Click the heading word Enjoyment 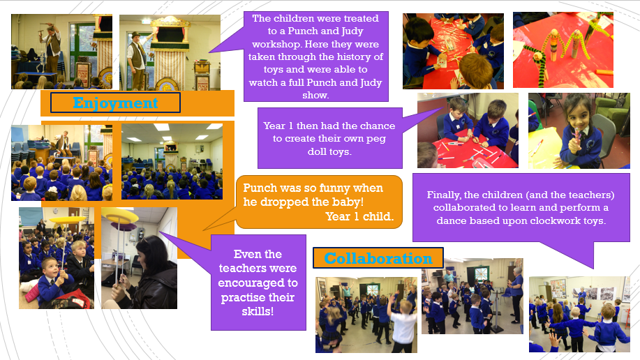pyautogui.click(x=116, y=103)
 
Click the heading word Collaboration pyautogui.click(x=378, y=258)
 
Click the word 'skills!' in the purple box pyautogui.click(x=258, y=311)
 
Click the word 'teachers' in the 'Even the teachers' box pyautogui.click(x=258, y=268)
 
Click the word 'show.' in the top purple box pyautogui.click(x=315, y=95)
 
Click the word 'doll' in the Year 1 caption pyautogui.click(x=317, y=152)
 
